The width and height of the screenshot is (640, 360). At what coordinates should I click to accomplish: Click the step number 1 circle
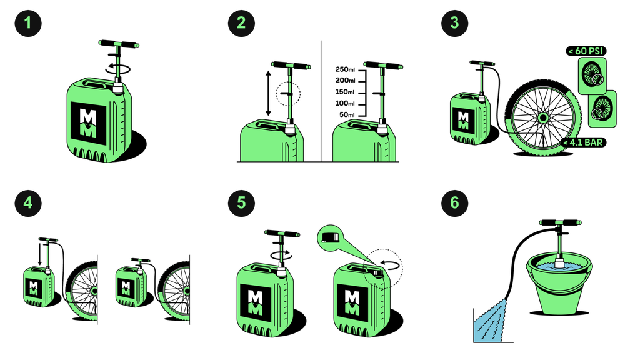tap(28, 23)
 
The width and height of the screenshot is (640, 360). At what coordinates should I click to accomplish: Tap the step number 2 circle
tap(241, 23)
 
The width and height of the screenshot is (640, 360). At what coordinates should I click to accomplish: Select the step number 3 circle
tap(454, 23)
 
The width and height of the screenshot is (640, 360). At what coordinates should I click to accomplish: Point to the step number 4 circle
tap(28, 203)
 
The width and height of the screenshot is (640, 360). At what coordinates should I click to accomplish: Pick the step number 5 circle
tap(241, 203)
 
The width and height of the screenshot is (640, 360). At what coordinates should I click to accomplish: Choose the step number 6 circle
tap(454, 203)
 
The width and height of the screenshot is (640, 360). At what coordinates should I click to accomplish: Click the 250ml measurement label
tap(345, 69)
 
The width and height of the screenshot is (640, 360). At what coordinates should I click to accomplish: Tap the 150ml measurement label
tap(345, 92)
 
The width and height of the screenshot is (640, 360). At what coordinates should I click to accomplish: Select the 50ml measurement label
tap(347, 115)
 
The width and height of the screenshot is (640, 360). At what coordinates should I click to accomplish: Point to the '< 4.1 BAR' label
tap(584, 142)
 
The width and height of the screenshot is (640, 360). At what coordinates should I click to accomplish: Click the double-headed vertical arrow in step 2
tap(268, 94)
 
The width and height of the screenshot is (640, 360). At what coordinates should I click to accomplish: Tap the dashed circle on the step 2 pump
tap(289, 94)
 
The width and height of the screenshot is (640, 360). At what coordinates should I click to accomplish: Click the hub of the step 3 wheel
tap(543, 118)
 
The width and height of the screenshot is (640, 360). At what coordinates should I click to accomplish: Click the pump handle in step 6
tap(560, 223)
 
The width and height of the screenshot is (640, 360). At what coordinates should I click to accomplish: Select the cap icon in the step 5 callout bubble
tap(329, 237)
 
